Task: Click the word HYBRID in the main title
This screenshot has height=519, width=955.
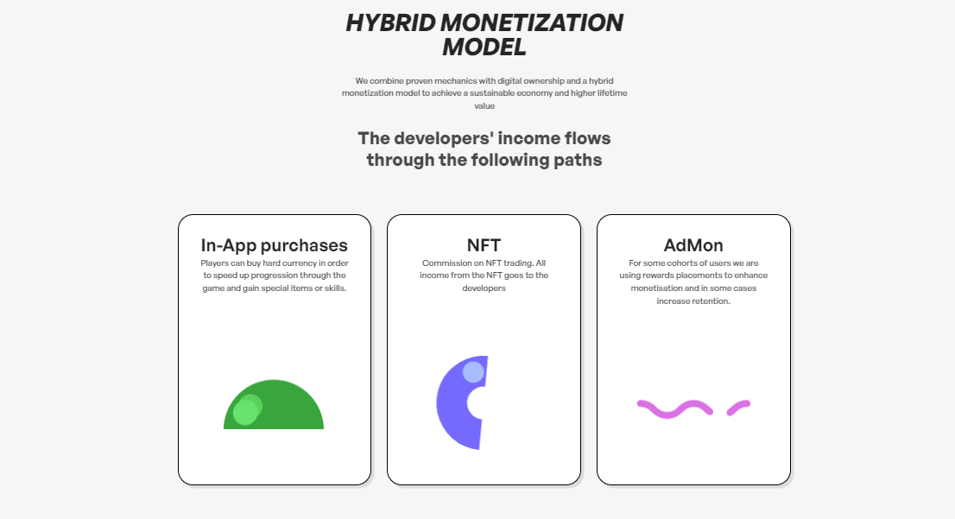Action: pyautogui.click(x=389, y=23)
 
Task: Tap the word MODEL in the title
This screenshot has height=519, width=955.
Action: pyautogui.click(x=484, y=47)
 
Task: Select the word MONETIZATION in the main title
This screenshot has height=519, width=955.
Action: pyautogui.click(x=532, y=23)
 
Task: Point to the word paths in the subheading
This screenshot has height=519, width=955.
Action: pyautogui.click(x=578, y=161)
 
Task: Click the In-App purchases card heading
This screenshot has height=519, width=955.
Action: pyautogui.click(x=274, y=245)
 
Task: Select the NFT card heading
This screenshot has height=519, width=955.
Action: pyautogui.click(x=484, y=245)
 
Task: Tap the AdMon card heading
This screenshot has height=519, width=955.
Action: pyautogui.click(x=693, y=245)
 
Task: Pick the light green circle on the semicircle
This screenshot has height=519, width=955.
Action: pyautogui.click(x=247, y=410)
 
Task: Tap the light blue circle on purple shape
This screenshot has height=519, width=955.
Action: pyautogui.click(x=473, y=372)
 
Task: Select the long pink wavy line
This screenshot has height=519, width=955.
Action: pyautogui.click(x=674, y=408)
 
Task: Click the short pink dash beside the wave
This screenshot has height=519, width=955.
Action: pyautogui.click(x=738, y=407)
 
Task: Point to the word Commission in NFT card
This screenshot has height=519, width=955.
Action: pyautogui.click(x=444, y=263)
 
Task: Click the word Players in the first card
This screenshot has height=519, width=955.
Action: pyautogui.click(x=214, y=263)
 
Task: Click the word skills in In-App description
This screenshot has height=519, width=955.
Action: pyautogui.click(x=334, y=288)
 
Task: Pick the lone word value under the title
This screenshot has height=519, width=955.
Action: pyautogui.click(x=484, y=106)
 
